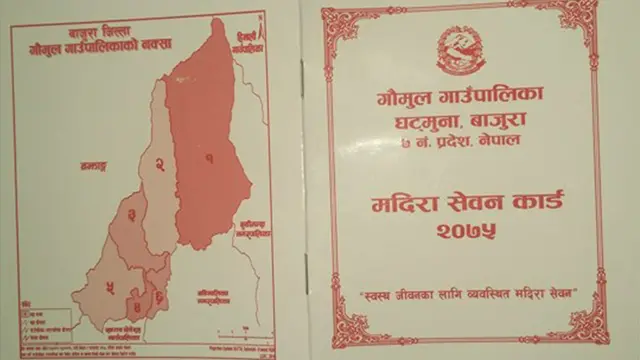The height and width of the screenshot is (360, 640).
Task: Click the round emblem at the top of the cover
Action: pyautogui.click(x=460, y=48)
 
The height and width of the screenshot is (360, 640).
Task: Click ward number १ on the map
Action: pyautogui.click(x=210, y=158)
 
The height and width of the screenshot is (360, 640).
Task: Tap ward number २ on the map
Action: pyautogui.click(x=160, y=165)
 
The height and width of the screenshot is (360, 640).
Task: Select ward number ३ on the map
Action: pyautogui.click(x=131, y=215)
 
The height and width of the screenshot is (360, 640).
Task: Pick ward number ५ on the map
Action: pyautogui.click(x=109, y=288)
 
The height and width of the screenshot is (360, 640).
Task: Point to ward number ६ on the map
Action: pyautogui.click(x=159, y=296)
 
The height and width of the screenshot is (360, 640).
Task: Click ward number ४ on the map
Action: pyautogui.click(x=134, y=293)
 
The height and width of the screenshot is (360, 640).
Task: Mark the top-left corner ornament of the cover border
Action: pyautogui.click(x=336, y=23)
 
